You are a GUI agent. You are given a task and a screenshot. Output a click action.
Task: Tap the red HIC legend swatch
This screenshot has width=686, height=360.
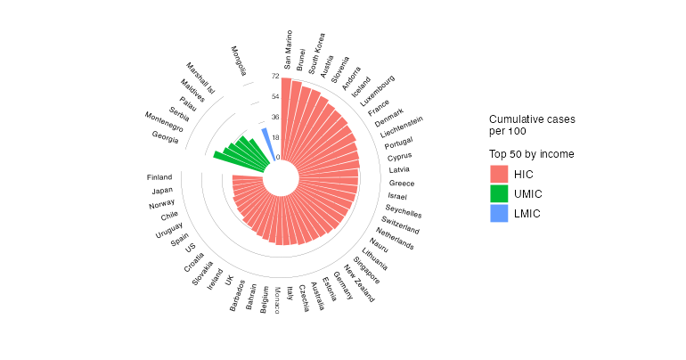coord(499,174)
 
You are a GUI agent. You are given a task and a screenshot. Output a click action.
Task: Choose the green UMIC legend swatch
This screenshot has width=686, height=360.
coord(499,193)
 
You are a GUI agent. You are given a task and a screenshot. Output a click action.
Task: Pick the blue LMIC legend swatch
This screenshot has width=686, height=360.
coord(499,213)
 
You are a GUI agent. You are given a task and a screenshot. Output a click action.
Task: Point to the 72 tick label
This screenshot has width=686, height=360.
coord(275,77)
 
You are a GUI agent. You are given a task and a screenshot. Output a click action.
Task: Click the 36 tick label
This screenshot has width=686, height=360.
coord(275,117)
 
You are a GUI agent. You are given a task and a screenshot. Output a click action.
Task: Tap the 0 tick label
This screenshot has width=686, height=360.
coord(278,158)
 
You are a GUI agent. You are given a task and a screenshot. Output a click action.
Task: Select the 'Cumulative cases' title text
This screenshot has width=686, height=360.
coord(532,119)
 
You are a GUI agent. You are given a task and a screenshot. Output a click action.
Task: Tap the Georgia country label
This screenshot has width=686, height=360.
coord(165,136)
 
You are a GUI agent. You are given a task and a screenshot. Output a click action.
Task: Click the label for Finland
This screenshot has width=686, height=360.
coord(159,176)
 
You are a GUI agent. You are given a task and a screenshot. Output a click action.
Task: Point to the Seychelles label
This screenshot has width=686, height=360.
coord(404,210)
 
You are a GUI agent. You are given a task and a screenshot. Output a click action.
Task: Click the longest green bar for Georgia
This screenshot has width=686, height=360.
coord(224,158)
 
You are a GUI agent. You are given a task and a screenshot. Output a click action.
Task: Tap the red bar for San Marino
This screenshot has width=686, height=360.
coord(286,116)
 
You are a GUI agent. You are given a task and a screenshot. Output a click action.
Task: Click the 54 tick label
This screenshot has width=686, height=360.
coord(275,96)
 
